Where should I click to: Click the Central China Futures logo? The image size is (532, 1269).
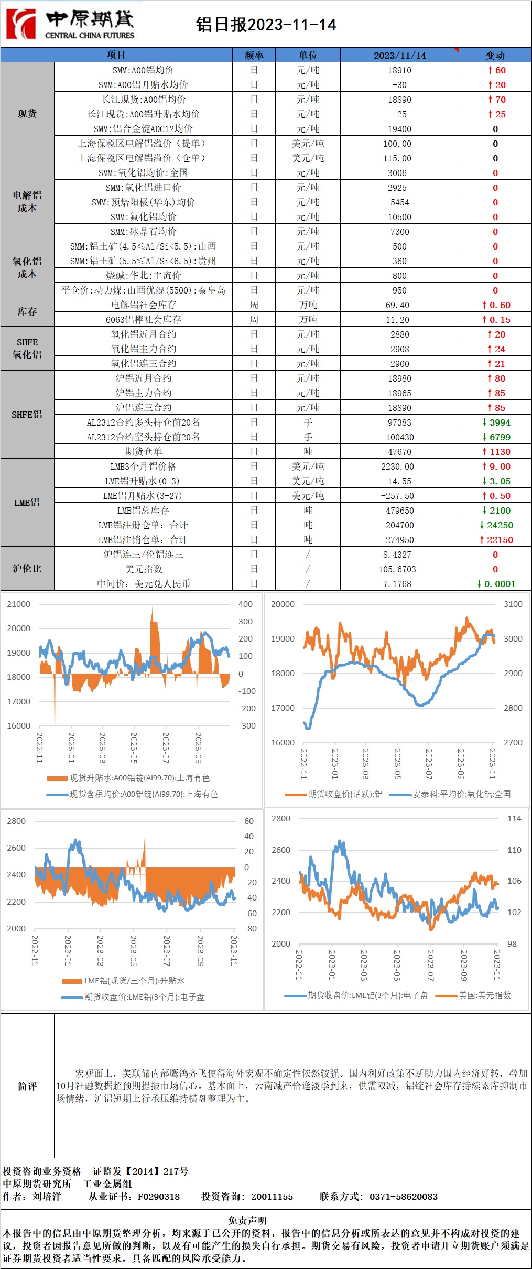tap(70, 24)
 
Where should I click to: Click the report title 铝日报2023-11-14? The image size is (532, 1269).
tap(266, 25)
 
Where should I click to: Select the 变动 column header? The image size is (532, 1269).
tap(495, 55)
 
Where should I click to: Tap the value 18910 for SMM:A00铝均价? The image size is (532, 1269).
tap(399, 70)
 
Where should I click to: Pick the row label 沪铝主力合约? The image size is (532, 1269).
tap(143, 393)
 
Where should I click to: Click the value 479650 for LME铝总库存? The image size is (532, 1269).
tap(399, 511)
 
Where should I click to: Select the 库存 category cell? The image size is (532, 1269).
tap(27, 312)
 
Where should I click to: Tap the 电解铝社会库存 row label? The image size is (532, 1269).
tap(143, 305)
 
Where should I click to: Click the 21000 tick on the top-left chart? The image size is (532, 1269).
tap(18, 604)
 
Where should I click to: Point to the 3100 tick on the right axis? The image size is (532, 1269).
tap(513, 604)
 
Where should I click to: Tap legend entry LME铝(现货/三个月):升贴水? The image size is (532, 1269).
tap(134, 981)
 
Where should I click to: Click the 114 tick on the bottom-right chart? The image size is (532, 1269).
tap(514, 819)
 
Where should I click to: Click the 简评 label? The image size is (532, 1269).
tap(27, 1086)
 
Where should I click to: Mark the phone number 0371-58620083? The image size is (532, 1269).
tap(403, 1197)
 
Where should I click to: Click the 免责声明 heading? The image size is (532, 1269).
tap(247, 1220)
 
